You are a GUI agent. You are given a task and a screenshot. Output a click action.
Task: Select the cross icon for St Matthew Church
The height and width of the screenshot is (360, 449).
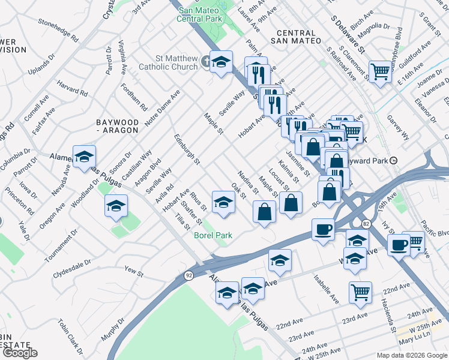205,61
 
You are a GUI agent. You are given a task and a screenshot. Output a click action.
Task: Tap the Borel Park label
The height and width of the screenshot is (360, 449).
212,235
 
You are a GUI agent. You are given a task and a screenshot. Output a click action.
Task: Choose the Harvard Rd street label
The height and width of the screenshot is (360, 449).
74,90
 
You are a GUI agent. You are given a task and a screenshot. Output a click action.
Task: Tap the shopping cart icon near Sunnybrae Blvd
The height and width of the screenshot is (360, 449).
380,71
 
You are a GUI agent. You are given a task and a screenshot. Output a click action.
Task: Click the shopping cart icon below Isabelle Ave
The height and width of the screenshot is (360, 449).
360,292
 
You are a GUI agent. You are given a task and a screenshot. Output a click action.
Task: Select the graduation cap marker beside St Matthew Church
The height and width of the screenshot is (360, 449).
221,62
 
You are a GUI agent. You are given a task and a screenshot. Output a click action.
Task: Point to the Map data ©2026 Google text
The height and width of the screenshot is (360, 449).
411,355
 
